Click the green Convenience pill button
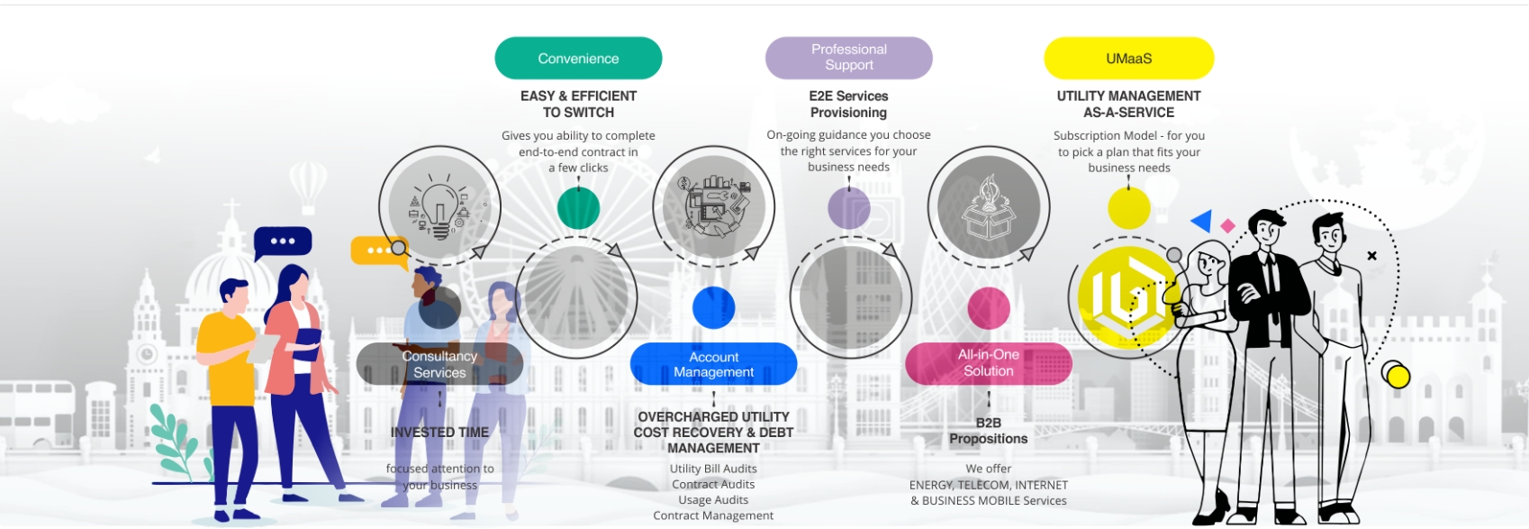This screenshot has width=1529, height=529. click(x=578, y=59)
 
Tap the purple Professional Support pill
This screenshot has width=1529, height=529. click(x=848, y=58)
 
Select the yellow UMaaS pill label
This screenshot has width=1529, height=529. click(x=1128, y=59)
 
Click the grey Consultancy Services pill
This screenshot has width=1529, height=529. click(x=439, y=364)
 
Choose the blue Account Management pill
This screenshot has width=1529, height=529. click(x=713, y=364)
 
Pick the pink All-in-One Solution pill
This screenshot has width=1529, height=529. click(x=988, y=363)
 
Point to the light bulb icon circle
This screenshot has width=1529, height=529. click(x=439, y=207)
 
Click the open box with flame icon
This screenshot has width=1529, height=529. click(x=988, y=207)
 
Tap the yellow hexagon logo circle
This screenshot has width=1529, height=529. click(x=1126, y=297)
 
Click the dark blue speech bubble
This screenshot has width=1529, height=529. click(x=283, y=242)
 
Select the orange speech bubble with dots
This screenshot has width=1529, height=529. click(x=376, y=250)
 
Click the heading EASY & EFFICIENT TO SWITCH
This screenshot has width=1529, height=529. click(x=578, y=104)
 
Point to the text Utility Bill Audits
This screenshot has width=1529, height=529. click(x=713, y=469)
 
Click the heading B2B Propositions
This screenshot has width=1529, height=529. click(x=988, y=431)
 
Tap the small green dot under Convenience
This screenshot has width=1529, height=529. click(x=578, y=208)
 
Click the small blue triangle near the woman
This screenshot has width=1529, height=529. click(x=1202, y=221)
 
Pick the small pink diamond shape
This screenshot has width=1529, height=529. click(x=1227, y=226)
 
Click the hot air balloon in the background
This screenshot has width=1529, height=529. click(x=308, y=183)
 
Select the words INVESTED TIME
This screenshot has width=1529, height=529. click(x=439, y=433)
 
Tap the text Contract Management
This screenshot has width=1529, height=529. click(x=713, y=515)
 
